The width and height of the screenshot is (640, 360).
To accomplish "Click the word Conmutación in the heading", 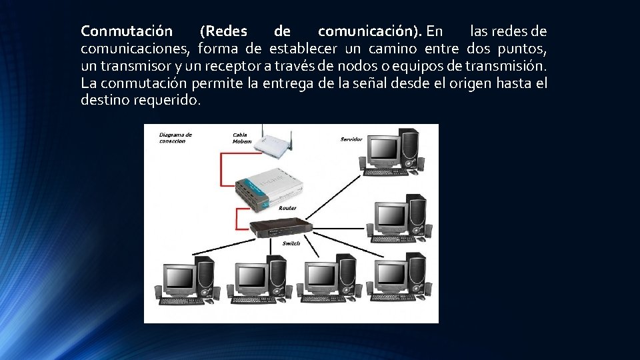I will (x=127, y=31).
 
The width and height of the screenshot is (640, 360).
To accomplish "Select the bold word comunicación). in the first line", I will (x=370, y=31).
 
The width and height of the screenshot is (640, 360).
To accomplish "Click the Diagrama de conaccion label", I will (x=175, y=137).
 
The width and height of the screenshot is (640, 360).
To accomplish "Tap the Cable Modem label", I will (x=242, y=138).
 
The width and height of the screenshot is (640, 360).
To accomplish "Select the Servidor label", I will (x=351, y=139).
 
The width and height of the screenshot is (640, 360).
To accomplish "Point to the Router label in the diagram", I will (x=287, y=209).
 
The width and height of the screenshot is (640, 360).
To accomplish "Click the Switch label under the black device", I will (x=291, y=244).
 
